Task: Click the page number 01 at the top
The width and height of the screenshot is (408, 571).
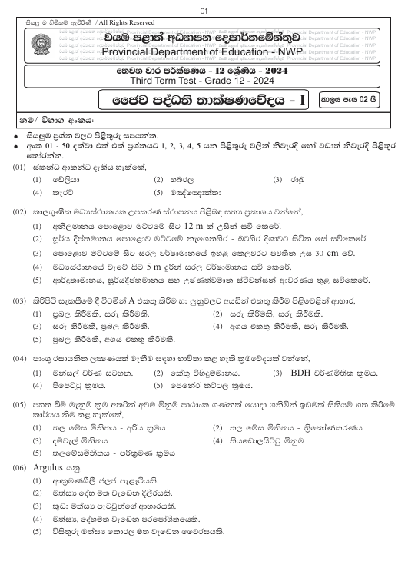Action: coord(204,11)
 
